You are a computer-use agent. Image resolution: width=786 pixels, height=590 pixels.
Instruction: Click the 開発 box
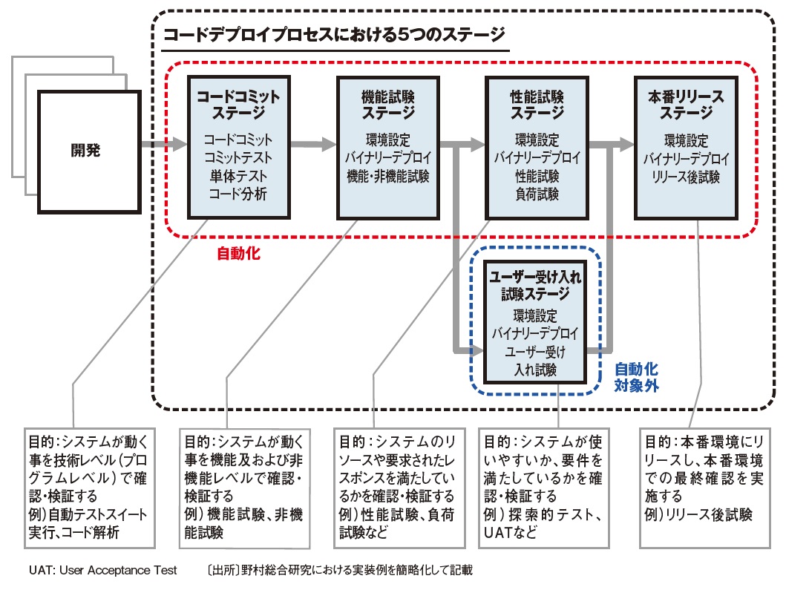click(x=85, y=151)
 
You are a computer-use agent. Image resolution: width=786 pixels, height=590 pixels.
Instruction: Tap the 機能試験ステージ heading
click(x=387, y=105)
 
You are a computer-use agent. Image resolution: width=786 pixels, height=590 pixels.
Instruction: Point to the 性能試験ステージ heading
click(x=537, y=105)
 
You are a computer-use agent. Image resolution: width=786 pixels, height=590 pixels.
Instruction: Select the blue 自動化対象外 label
click(x=636, y=377)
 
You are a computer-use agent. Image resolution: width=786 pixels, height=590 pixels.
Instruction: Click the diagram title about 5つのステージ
click(x=333, y=34)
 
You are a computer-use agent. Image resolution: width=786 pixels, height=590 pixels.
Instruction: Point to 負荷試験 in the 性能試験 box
click(x=537, y=194)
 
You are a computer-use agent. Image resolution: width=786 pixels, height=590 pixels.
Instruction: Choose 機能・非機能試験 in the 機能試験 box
click(x=387, y=177)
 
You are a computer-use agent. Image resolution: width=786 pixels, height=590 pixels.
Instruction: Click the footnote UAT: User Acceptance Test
click(x=103, y=570)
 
